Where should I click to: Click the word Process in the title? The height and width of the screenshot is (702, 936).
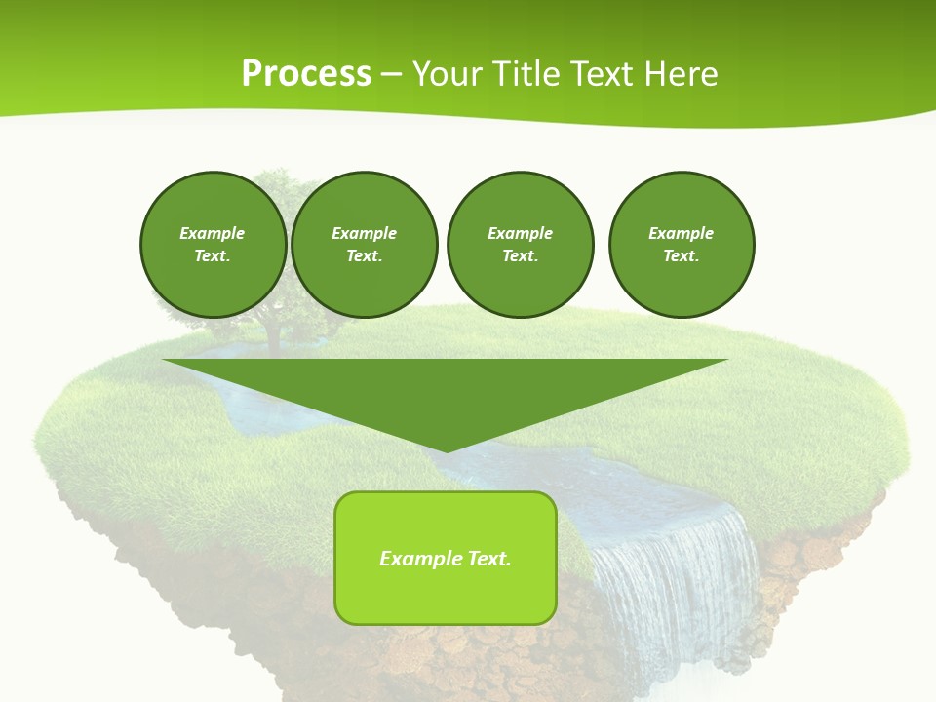point(306,74)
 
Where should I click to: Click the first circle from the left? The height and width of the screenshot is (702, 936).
point(213,245)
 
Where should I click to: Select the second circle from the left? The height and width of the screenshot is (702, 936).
point(364,245)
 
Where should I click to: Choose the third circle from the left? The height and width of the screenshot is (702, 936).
point(520,245)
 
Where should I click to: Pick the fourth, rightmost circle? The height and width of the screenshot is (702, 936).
point(682,245)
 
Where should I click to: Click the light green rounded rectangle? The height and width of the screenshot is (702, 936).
point(446,558)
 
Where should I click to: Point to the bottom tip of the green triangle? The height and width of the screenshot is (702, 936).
point(446,450)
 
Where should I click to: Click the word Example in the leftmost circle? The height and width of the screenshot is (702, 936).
point(213,233)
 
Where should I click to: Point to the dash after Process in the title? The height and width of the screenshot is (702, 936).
point(391,74)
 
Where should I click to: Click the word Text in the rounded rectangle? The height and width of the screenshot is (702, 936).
point(489,559)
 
